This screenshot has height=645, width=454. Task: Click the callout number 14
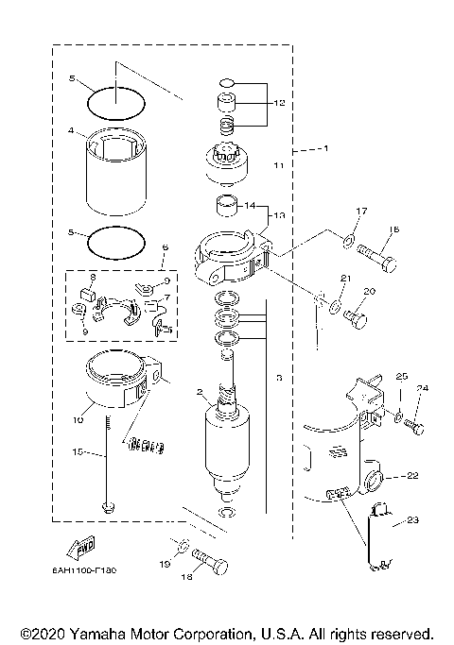[250, 205]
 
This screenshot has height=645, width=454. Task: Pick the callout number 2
[200, 391]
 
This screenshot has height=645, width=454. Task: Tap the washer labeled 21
[334, 305]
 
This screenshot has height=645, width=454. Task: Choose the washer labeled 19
[181, 548]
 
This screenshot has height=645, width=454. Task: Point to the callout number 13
[280, 214]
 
